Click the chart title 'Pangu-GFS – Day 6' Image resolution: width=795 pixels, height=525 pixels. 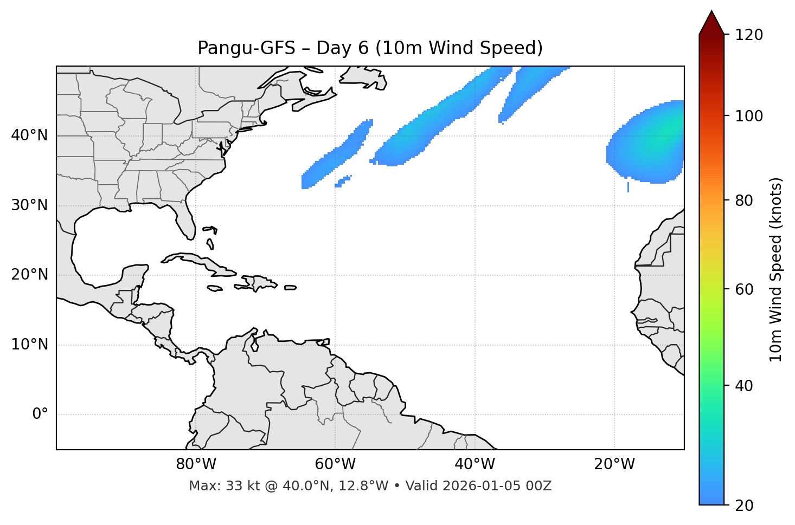click(x=370, y=48)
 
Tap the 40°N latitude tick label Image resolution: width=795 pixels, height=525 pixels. click(x=29, y=135)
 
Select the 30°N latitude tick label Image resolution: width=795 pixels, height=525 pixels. click(x=29, y=205)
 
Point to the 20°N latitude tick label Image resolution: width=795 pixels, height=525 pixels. click(x=29, y=275)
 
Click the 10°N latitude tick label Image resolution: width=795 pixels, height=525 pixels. click(x=29, y=345)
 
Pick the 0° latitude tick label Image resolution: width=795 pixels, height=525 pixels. click(x=40, y=414)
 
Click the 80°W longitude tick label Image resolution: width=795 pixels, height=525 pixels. click(x=196, y=464)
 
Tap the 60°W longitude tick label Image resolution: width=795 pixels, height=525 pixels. click(x=335, y=464)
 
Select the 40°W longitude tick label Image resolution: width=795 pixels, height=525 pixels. click(x=475, y=464)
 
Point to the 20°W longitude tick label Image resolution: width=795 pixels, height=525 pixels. click(x=614, y=464)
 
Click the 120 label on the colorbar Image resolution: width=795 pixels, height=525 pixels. click(x=749, y=35)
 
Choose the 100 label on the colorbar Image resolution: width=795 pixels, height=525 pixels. click(x=749, y=116)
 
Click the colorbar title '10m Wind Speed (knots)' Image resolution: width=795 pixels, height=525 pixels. click(x=776, y=269)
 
